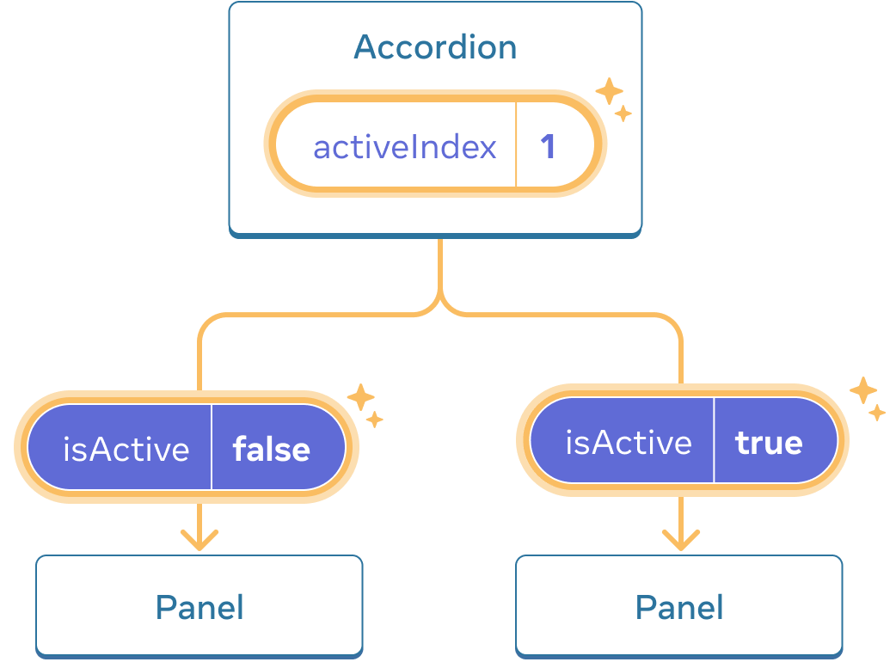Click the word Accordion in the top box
[435, 47]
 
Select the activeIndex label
[405, 147]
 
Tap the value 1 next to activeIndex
[548, 147]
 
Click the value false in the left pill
[272, 449]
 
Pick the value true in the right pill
[769, 442]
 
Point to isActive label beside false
[126, 449]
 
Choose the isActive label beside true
[629, 442]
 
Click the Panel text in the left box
[199, 607]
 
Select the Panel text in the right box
[679, 607]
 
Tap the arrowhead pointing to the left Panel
[199, 541]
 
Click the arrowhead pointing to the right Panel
[680, 541]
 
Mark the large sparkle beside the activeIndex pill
[609, 91]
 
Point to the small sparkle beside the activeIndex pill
[623, 113]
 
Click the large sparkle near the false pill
[360, 397]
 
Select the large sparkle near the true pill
[862, 390]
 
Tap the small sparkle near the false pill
[375, 420]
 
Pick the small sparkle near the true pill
[876, 413]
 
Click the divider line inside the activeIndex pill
[516, 146]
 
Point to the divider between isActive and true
[714, 442]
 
